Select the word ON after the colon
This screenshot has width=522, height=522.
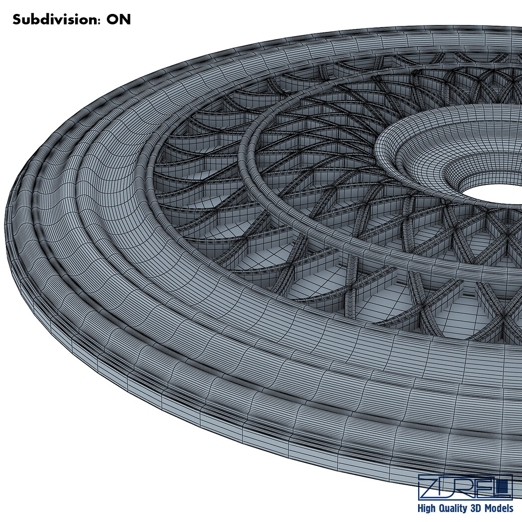(118, 20)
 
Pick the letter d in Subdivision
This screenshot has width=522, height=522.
(44, 20)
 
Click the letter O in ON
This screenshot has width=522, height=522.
(113, 20)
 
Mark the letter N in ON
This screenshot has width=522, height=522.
(126, 20)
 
